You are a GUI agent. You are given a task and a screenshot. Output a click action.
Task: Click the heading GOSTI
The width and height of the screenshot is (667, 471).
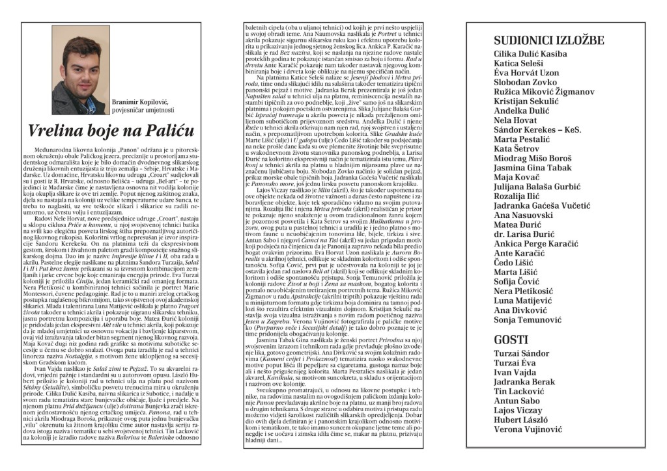(x=511, y=339)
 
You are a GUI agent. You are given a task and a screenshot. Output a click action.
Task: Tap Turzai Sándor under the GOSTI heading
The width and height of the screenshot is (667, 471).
(x=521, y=353)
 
